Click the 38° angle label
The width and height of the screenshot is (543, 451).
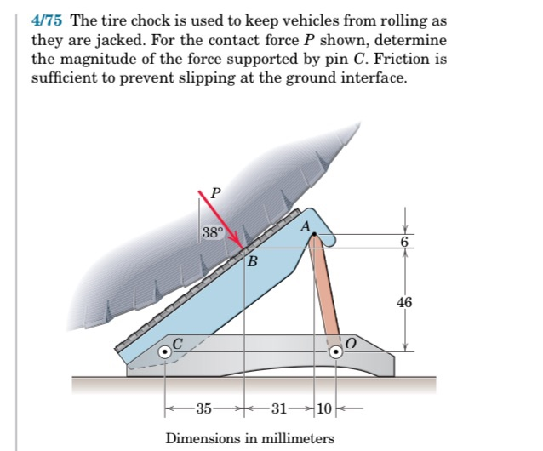pyautogui.click(x=213, y=231)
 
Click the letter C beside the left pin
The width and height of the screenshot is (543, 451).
pyautogui.click(x=178, y=342)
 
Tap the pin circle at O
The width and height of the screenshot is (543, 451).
pyautogui.click(x=338, y=351)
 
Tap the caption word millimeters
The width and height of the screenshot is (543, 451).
pyautogui.click(x=293, y=438)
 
